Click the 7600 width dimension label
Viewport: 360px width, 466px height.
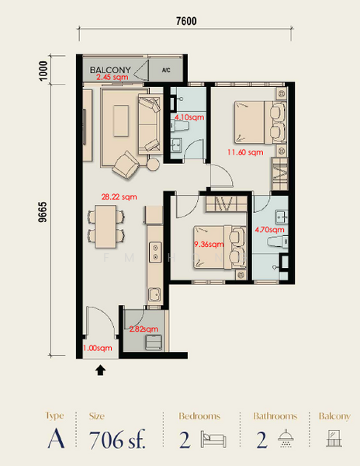(x=186, y=21)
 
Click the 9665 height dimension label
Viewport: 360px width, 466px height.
(x=43, y=212)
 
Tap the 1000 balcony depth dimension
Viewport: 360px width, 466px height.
(x=43, y=71)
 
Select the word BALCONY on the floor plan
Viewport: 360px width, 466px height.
(x=110, y=70)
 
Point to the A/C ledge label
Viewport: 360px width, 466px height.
(x=166, y=70)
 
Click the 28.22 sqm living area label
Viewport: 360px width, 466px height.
(x=119, y=196)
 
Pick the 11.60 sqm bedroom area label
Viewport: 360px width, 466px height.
(x=245, y=152)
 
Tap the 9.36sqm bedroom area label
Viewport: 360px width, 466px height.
(x=209, y=245)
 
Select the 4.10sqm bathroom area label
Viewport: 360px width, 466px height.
(x=189, y=117)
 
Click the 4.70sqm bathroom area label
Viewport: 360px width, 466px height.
(x=269, y=229)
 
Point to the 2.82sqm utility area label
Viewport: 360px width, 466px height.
(x=144, y=329)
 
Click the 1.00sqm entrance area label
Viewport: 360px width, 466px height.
(x=97, y=348)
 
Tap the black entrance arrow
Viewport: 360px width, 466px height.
(x=100, y=370)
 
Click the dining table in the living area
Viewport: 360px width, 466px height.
(x=106, y=227)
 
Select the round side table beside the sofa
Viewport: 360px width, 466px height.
(x=154, y=164)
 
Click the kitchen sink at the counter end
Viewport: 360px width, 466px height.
(x=154, y=294)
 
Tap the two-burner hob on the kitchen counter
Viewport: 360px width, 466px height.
(x=155, y=252)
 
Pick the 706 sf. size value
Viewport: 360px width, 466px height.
(x=117, y=440)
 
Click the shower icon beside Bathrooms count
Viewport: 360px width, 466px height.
(x=286, y=438)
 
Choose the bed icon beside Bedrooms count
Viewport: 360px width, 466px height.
(x=213, y=439)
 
